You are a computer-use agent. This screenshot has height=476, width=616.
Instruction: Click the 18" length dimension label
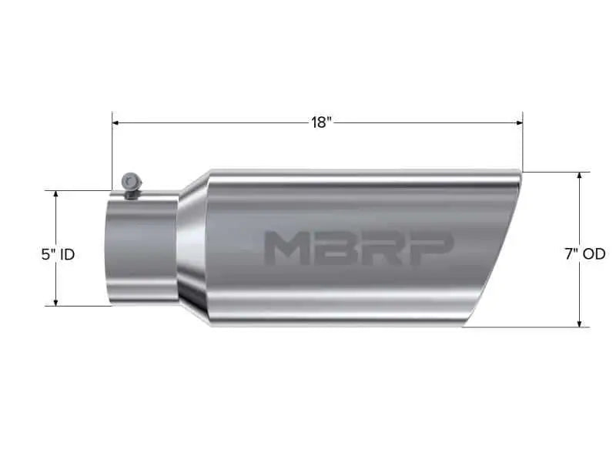[321, 122]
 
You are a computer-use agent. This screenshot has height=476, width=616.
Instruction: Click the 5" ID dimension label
[58, 253]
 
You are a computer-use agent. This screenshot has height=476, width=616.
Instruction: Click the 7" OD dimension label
[584, 253]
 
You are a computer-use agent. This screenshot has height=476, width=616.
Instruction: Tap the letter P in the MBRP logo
[434, 248]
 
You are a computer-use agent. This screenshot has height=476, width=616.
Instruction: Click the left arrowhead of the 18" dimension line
[116, 122]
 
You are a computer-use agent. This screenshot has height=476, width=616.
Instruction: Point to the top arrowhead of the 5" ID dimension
[56, 195]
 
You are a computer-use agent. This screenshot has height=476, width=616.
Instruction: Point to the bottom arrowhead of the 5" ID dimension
[56, 301]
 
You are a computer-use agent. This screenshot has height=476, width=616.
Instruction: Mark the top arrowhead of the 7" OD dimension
[579, 176]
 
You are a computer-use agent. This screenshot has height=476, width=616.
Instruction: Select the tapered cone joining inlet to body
[192, 246]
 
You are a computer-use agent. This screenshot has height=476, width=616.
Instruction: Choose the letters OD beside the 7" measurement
[594, 253]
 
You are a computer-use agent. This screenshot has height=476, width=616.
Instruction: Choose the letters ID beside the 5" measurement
[67, 253]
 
